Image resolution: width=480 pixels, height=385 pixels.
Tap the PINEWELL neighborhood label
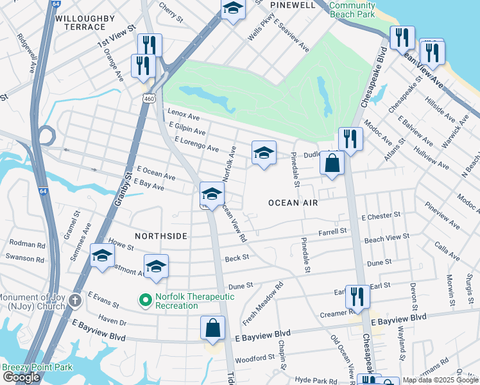[293, 5]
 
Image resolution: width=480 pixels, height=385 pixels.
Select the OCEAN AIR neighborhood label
[293, 202]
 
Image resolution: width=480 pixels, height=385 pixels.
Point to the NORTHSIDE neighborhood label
[160, 236]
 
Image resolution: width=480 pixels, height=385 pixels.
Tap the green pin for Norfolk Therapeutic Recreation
[146, 299]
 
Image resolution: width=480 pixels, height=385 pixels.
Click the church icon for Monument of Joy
[75, 300]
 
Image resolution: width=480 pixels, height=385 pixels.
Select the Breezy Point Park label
[37, 368]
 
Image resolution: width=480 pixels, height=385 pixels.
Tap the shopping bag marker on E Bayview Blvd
[213, 329]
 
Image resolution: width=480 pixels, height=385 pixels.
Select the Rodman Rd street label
[28, 244]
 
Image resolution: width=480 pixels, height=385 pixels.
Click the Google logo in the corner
[22, 377]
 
